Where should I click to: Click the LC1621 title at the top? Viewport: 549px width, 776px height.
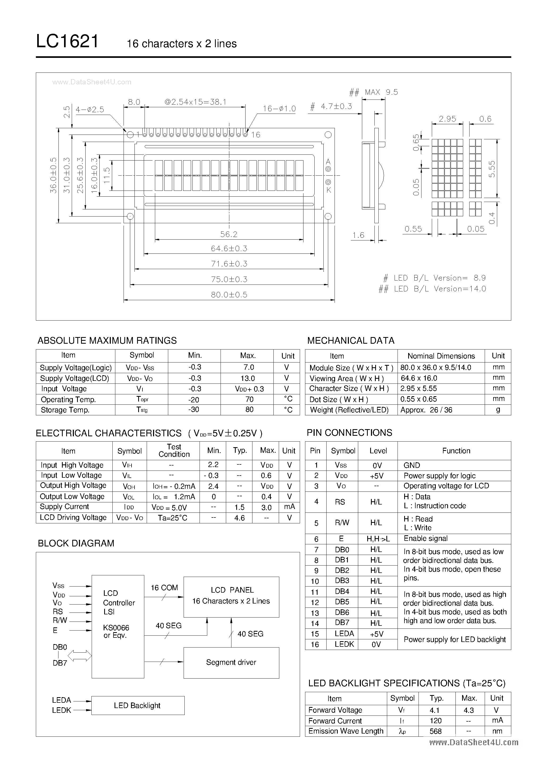point(67,42)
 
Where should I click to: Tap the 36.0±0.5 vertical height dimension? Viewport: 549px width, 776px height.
point(53,175)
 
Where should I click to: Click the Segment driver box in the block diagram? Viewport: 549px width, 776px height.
point(231,662)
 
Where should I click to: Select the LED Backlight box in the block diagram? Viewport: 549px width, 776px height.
point(138,705)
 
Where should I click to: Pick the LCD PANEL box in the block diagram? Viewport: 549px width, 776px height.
point(231,597)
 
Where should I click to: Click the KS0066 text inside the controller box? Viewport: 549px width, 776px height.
point(116,628)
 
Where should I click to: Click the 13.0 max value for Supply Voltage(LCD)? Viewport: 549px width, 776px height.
point(248,378)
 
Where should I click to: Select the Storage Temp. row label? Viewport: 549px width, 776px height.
point(65,410)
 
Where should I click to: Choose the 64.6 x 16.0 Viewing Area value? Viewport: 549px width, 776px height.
point(419,378)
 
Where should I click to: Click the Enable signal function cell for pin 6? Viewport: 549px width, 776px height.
point(425,538)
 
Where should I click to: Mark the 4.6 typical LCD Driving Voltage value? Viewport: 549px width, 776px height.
point(239,518)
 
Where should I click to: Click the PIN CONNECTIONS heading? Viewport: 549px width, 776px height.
point(349,433)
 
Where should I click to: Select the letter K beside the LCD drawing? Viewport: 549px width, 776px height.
point(329,190)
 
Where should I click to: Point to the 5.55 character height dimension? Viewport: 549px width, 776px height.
point(492,169)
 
